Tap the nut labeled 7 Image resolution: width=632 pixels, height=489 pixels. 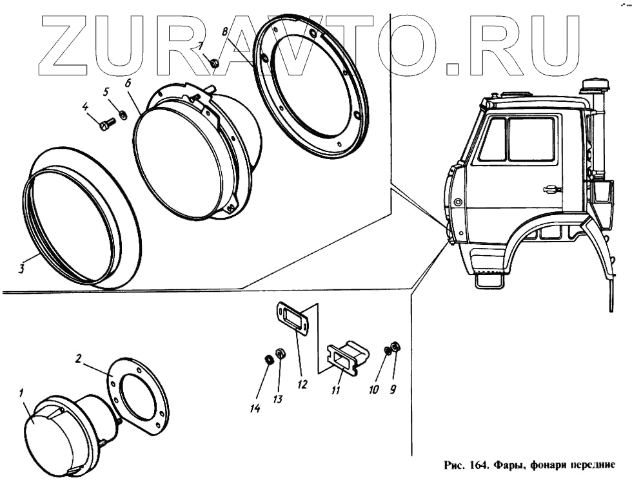[x=215, y=62]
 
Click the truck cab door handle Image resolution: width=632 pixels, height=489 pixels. [x=552, y=189]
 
